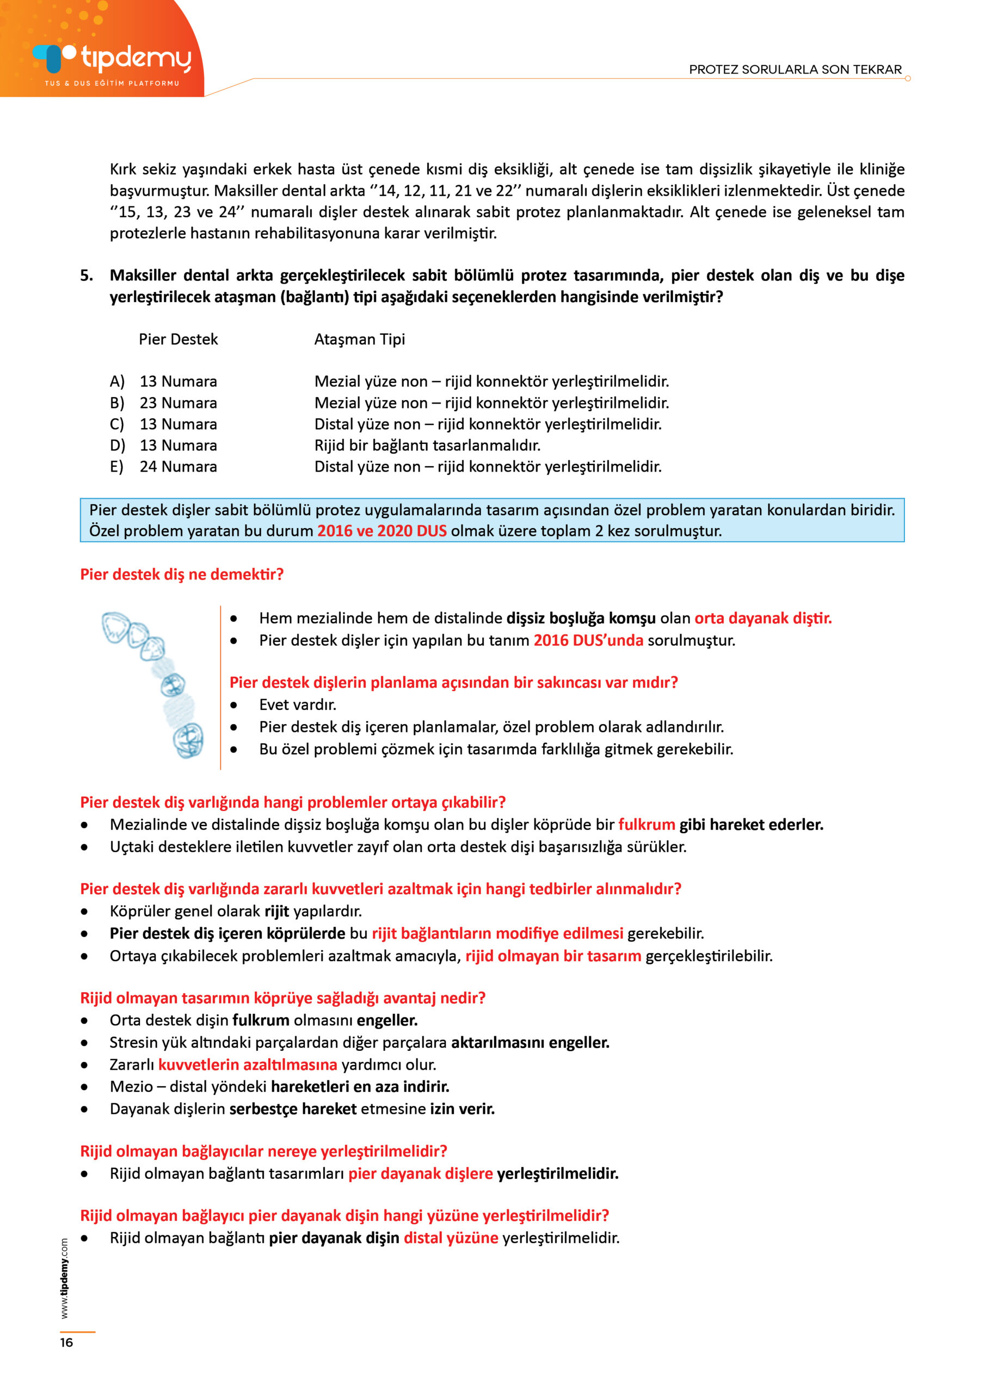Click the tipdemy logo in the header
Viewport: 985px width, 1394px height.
(112, 60)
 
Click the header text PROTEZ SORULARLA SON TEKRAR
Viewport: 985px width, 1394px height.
(795, 69)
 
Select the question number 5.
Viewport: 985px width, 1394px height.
(87, 276)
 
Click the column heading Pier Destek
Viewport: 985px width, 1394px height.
(178, 339)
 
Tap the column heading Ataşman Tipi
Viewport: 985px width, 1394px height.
(359, 339)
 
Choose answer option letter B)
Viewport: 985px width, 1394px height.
(117, 403)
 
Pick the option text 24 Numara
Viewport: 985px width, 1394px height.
(178, 467)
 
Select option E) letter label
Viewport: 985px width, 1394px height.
(116, 467)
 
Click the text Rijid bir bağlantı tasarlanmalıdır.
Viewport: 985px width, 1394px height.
(427, 445)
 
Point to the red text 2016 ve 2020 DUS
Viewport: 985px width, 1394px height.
(381, 531)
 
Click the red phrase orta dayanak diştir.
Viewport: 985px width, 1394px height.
(763, 618)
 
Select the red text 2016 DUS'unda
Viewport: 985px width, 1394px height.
(588, 640)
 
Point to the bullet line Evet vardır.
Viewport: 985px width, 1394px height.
(297, 705)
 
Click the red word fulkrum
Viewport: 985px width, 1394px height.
(647, 824)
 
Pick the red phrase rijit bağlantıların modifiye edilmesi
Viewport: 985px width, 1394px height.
(497, 933)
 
